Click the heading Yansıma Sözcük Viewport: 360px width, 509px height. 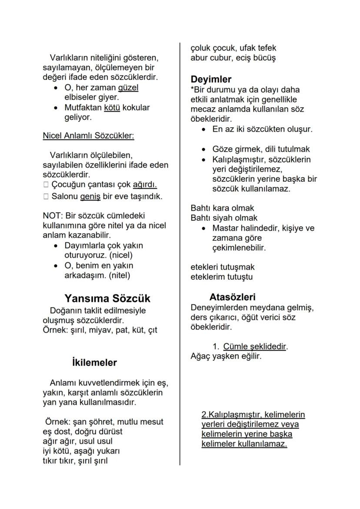pyautogui.click(x=107, y=299)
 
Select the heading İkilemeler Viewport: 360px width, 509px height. pyautogui.click(x=94, y=363)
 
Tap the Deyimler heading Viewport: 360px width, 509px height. pyautogui.click(x=211, y=80)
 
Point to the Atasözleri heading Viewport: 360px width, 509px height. pyautogui.click(x=232, y=297)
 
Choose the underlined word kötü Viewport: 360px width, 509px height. pyautogui.click(x=112, y=107)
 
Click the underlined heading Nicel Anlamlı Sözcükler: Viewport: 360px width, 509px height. pyautogui.click(x=88, y=136)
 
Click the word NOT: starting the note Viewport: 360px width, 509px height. pyautogui.click(x=52, y=216)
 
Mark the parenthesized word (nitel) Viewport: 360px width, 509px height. pyautogui.click(x=115, y=275)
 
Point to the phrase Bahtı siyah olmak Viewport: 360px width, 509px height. pyautogui.click(x=224, y=218)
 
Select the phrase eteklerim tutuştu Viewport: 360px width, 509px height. pyautogui.click(x=222, y=276)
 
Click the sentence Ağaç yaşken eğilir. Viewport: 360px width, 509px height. pyautogui.click(x=226, y=356)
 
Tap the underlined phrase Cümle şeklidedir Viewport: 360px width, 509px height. pyautogui.click(x=255, y=346)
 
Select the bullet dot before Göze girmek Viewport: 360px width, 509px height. pyautogui.click(x=204, y=150)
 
